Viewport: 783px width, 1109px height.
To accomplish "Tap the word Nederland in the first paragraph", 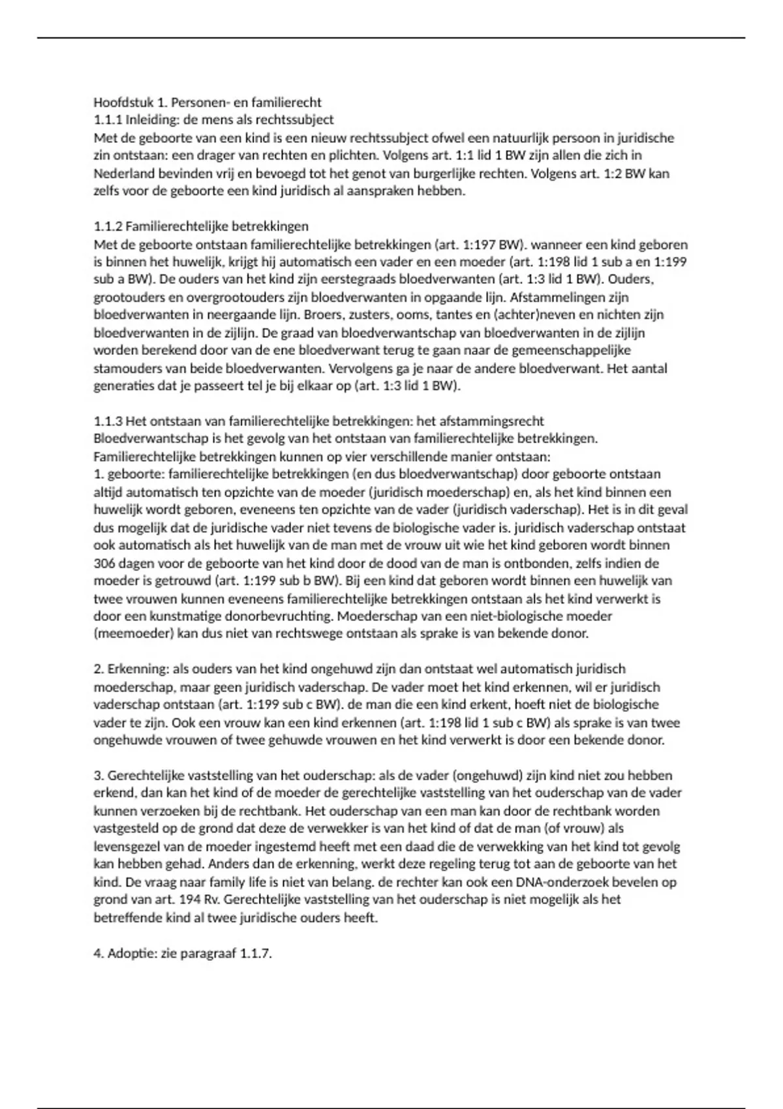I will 122,174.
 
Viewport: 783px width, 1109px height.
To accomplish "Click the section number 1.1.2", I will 108,226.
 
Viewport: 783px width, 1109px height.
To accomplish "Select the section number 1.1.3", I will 108,421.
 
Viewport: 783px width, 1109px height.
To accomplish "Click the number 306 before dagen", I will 104,563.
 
